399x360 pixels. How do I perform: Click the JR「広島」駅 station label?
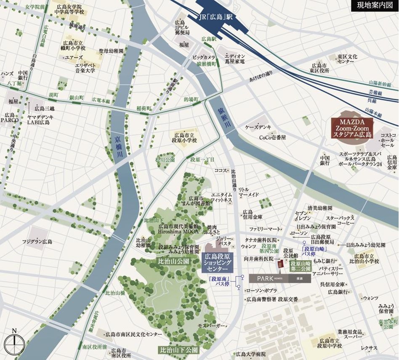point(216,17)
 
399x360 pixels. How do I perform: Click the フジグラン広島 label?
point(37,242)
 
